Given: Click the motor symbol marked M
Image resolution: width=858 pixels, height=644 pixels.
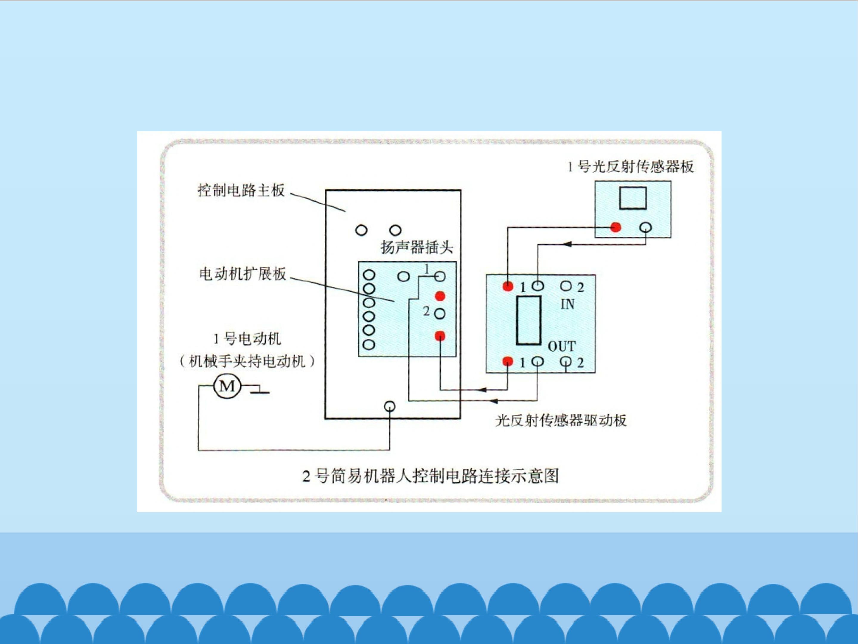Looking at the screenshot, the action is point(227,386).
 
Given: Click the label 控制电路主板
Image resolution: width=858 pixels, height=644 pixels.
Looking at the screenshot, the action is point(241,190).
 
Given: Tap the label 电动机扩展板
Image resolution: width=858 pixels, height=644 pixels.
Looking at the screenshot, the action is point(243,274).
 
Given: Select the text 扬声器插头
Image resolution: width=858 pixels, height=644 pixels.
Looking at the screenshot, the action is point(417,247).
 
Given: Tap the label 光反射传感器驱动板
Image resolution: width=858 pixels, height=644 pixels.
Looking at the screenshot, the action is point(561,420).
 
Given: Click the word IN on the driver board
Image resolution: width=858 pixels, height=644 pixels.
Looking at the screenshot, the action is point(568,305).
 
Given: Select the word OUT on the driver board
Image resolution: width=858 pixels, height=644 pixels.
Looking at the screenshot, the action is point(562,346).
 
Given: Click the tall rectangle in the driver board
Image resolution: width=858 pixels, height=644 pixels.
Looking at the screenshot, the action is point(529,320).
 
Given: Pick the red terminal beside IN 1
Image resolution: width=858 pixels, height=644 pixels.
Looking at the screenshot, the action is point(508,287).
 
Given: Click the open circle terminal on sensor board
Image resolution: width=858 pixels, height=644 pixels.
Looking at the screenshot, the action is point(646,227).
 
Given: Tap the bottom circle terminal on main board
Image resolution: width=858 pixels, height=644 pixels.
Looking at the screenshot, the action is point(390,406).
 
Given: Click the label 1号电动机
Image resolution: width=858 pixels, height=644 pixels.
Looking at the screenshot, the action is point(247,339).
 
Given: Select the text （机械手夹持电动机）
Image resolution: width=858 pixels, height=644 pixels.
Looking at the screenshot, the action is point(247,362).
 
